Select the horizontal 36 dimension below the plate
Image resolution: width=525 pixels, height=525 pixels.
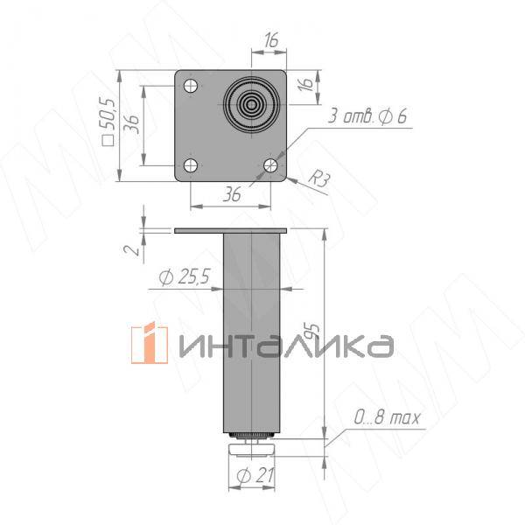tap(232, 196)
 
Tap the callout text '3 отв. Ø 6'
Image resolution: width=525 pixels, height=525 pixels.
tap(368, 117)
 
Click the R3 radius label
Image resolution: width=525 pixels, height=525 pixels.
tap(321, 180)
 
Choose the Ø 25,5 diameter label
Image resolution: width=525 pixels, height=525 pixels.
tap(184, 277)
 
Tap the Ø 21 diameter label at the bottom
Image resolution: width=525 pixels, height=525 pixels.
tap(253, 477)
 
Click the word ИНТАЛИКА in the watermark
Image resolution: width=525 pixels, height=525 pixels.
tap(284, 346)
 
